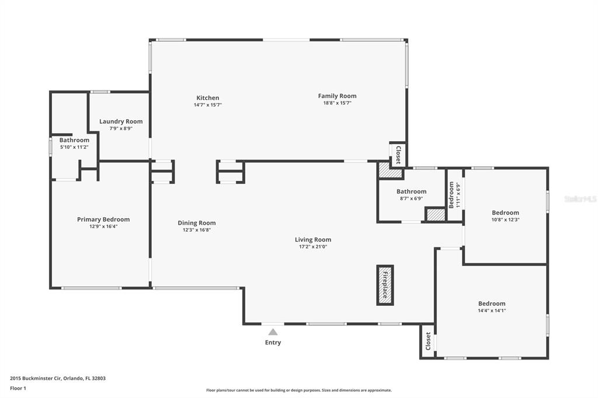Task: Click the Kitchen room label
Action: [208, 98]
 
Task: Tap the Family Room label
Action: [337, 96]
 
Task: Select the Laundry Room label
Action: [121, 121]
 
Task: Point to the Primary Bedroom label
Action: [103, 219]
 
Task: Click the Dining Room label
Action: [197, 223]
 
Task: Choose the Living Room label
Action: [313, 240]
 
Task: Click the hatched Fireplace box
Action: [385, 285]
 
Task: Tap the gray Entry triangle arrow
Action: [273, 331]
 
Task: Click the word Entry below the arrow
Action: [273, 343]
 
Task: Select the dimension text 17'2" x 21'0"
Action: [313, 247]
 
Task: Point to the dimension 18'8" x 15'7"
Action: [337, 103]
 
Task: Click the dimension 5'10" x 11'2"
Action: [74, 147]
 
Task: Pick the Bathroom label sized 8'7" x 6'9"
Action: [412, 192]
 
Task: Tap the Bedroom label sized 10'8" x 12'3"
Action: [505, 213]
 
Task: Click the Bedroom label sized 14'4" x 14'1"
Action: [492, 304]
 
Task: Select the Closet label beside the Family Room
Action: [398, 155]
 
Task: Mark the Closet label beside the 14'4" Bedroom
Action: [428, 341]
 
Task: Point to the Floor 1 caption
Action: [18, 389]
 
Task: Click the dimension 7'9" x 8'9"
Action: [121, 129]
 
